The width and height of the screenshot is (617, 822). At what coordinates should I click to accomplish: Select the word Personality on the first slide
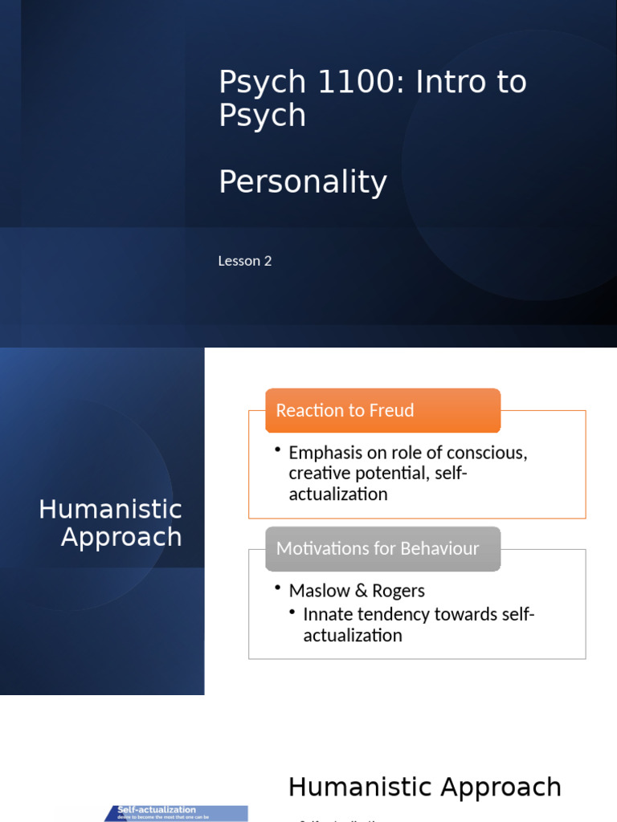pyautogui.click(x=303, y=182)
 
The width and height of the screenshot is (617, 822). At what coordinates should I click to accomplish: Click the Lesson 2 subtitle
pyautogui.click(x=245, y=261)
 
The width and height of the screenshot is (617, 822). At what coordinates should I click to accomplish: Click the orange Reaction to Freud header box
pyautogui.click(x=382, y=410)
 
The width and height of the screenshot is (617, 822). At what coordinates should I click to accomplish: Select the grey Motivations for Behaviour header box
pyautogui.click(x=382, y=549)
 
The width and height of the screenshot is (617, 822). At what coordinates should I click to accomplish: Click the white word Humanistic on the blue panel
pyautogui.click(x=111, y=509)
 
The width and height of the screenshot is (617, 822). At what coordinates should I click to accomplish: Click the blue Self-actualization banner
pyautogui.click(x=175, y=813)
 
